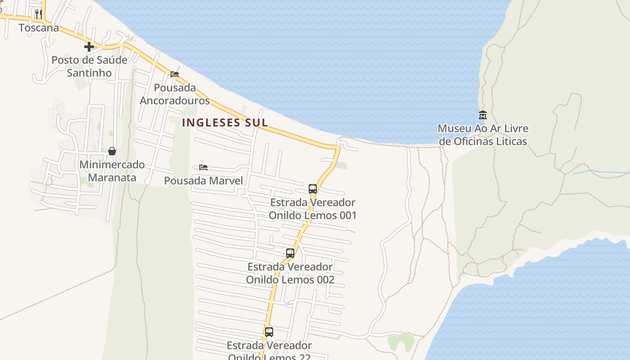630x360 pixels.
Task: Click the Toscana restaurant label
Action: pyautogui.click(x=39, y=28)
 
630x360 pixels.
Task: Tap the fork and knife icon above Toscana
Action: pyautogui.click(x=38, y=14)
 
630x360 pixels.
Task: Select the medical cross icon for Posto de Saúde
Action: pyautogui.click(x=89, y=46)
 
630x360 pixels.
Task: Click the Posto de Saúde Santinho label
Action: pyautogui.click(x=89, y=66)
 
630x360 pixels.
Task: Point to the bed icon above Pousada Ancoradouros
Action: pyautogui.click(x=175, y=74)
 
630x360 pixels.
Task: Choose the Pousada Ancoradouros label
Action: pyautogui.click(x=175, y=94)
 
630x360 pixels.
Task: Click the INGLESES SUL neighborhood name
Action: pyautogui.click(x=225, y=122)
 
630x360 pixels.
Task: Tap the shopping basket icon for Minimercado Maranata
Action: pyautogui.click(x=112, y=151)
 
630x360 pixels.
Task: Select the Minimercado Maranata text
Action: pyautogui.click(x=112, y=171)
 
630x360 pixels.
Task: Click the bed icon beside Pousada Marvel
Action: pyautogui.click(x=203, y=167)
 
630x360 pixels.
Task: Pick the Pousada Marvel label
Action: pyautogui.click(x=203, y=181)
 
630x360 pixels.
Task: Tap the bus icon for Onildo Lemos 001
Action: pyautogui.click(x=313, y=189)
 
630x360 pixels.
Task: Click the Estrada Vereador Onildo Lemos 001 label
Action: pyautogui.click(x=313, y=209)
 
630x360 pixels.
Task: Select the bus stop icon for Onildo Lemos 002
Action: pyautogui.click(x=290, y=253)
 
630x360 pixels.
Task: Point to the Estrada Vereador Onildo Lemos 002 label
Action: pyautogui.click(x=290, y=273)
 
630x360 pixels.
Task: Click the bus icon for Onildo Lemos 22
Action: pyautogui.click(x=269, y=332)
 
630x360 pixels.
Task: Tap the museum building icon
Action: pyautogui.click(x=483, y=115)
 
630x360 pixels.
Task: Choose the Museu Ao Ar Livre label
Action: pyautogui.click(x=483, y=135)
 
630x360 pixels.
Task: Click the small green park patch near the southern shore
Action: pyautogui.click(x=400, y=342)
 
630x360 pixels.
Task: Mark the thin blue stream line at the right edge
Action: pyautogui.click(x=603, y=171)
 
